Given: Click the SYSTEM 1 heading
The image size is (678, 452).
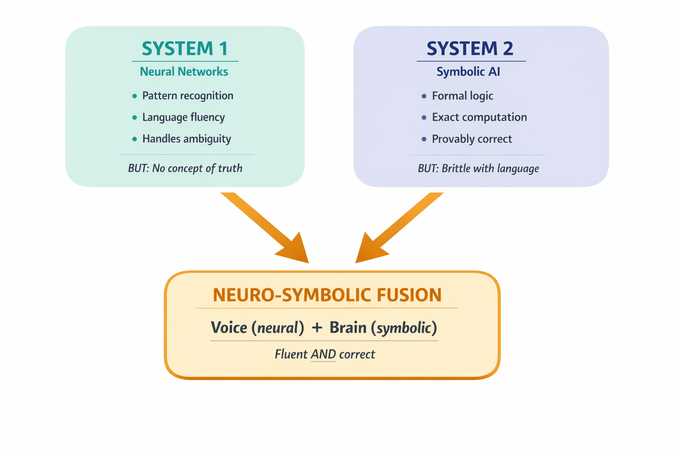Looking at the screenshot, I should pos(185,49).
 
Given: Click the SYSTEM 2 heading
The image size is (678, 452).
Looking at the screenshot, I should pos(470,49).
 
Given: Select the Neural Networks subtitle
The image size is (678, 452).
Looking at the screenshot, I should pos(184,72).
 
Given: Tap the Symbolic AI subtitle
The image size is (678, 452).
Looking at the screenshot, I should pos(468,72).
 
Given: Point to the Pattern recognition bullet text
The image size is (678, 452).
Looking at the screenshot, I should pos(188,96).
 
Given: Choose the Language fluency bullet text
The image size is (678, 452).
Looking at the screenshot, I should pos(183,117).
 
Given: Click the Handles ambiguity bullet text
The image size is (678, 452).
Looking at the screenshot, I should pos(186,139).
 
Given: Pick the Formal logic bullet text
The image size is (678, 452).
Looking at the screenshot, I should pos(462,96).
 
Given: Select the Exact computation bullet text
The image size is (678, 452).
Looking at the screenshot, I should pos(479,117).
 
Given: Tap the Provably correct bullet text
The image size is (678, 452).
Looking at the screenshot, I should pos(471,139).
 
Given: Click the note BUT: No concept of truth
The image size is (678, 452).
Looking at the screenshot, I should pos(185,168).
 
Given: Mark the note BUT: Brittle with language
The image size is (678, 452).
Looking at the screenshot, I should pos(478,169).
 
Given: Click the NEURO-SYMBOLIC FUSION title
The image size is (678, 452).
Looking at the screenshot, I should pos(327,295).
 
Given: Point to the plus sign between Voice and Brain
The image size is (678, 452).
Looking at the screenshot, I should pos(317,328).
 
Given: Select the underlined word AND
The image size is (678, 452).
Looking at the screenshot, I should pos(323,354).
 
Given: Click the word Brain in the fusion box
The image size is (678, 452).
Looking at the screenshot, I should pos(348,328).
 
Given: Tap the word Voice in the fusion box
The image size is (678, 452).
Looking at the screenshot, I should pos(229,328).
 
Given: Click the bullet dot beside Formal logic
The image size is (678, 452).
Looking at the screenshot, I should pos(424,96).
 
